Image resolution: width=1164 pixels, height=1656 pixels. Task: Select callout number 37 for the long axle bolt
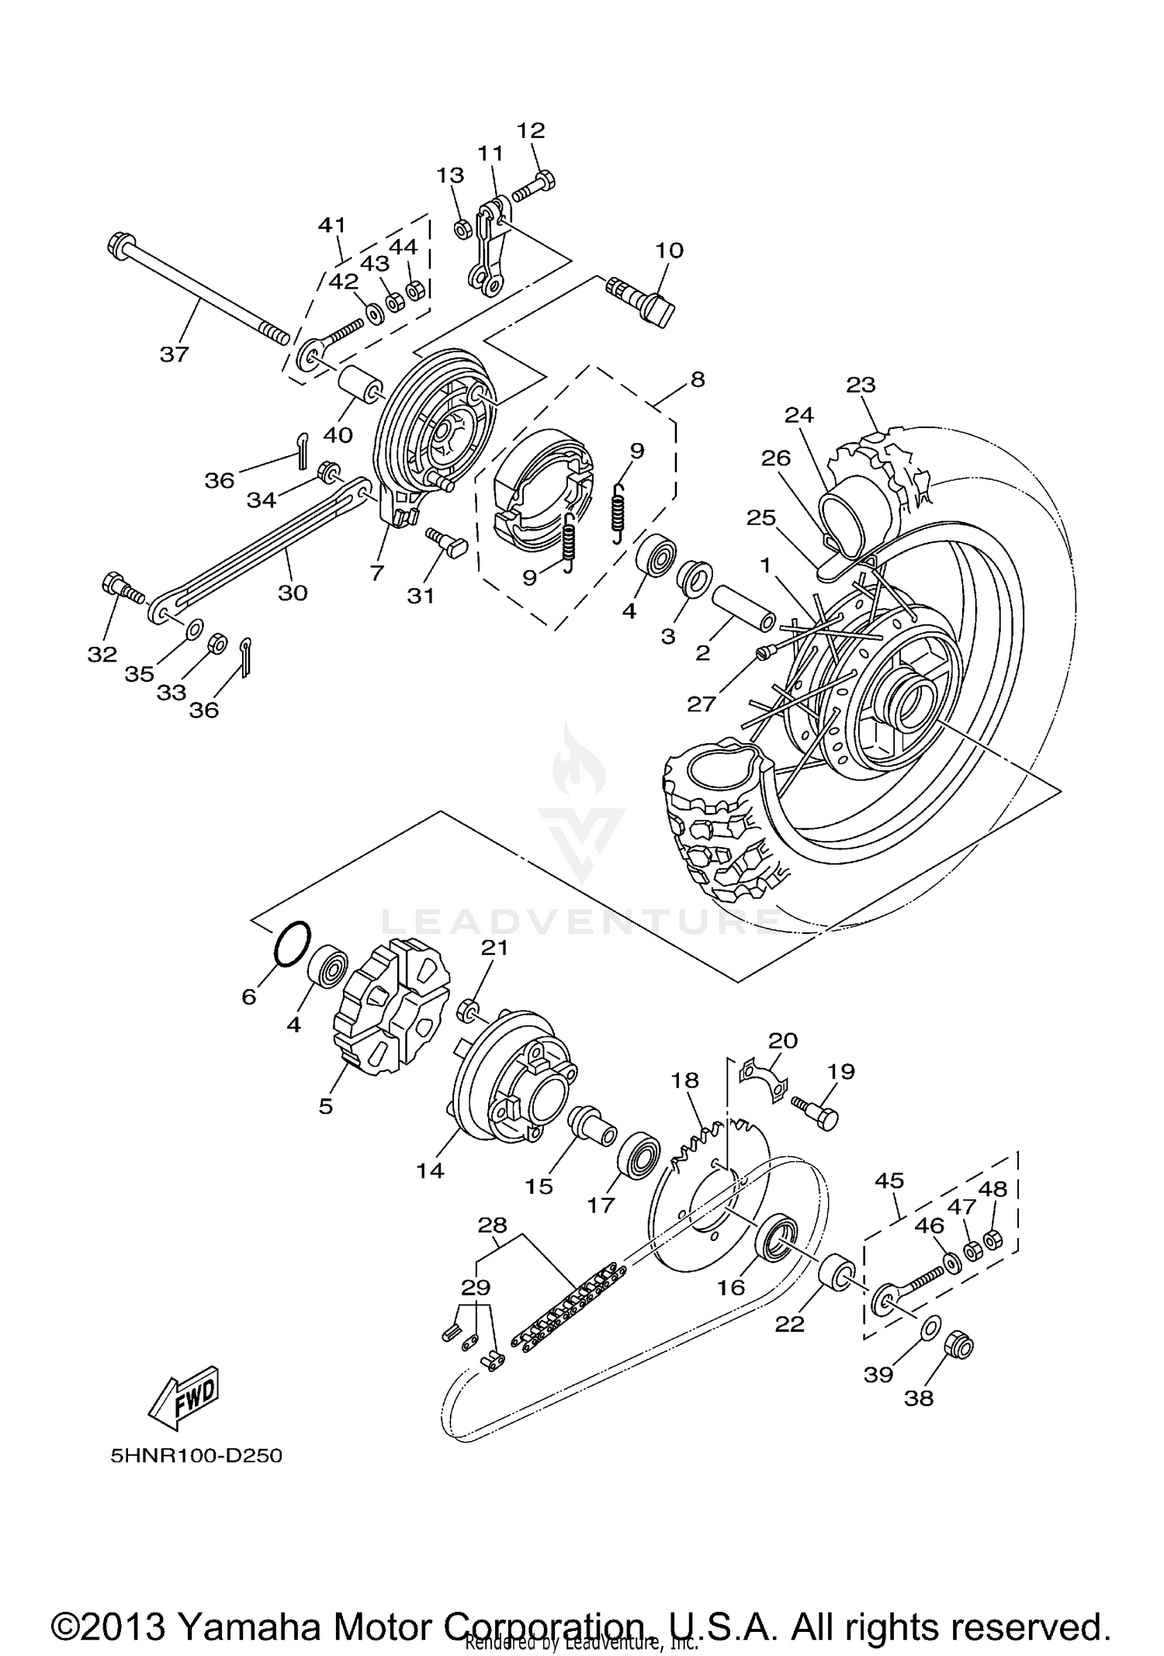[x=174, y=354]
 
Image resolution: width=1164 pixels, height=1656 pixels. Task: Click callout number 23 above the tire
[x=861, y=385]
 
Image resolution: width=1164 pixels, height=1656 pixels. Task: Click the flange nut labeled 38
[x=958, y=1348]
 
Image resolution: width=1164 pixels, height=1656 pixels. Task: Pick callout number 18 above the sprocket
[x=685, y=1080]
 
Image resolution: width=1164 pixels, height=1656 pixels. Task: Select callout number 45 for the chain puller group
[x=889, y=1181]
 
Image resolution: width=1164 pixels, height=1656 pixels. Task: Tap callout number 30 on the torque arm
[x=293, y=593]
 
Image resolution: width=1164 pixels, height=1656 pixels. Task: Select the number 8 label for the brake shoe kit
[x=697, y=379]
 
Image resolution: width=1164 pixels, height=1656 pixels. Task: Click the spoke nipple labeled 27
[x=764, y=655]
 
